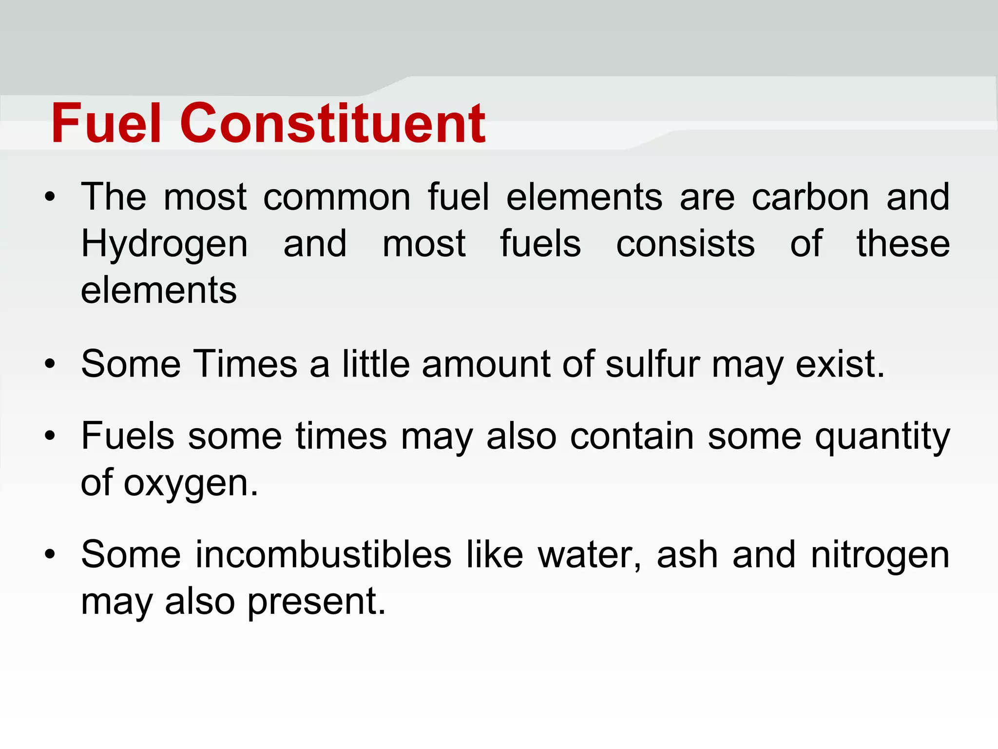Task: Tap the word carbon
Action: [x=810, y=197]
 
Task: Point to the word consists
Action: [x=685, y=244]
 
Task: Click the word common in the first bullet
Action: [x=337, y=197]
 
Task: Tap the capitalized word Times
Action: [x=246, y=364]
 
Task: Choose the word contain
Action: [x=632, y=435]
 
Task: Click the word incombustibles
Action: [x=324, y=554]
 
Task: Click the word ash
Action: [x=687, y=554]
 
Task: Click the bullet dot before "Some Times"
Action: [x=50, y=364]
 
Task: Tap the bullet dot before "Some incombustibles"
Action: [x=50, y=555]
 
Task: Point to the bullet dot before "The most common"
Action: [x=50, y=198]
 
